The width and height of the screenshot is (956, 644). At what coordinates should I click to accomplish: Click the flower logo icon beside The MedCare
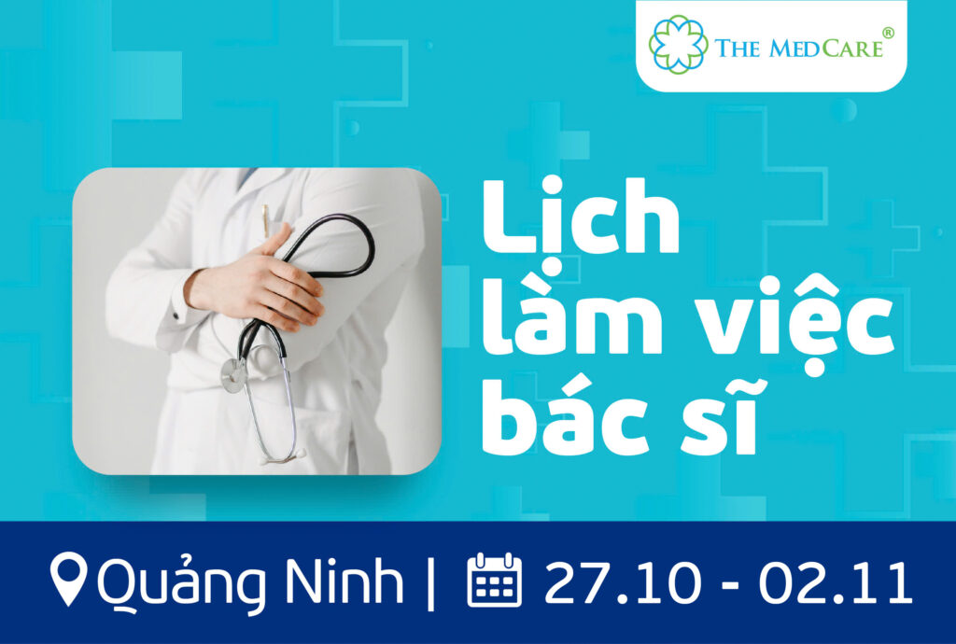click(679, 45)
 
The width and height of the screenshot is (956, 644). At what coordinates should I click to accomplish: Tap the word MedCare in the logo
click(826, 49)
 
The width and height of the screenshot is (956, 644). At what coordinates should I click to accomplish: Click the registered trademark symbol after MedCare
click(889, 33)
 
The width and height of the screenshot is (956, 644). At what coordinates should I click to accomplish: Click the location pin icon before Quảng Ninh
click(68, 579)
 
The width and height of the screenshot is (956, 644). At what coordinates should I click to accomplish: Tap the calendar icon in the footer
click(495, 580)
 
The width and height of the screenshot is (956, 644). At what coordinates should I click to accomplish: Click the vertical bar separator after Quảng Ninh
click(431, 583)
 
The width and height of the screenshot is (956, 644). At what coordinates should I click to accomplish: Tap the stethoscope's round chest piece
click(234, 374)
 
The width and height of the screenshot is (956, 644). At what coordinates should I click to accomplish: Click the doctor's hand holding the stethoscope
click(255, 280)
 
